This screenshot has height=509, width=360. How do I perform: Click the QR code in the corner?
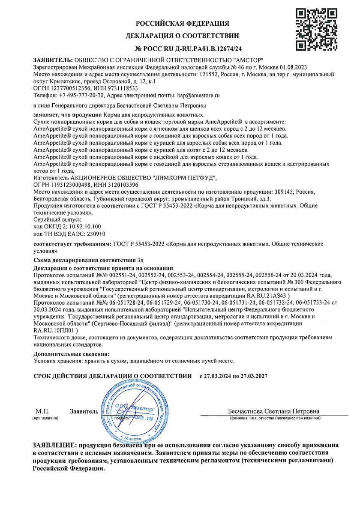317,29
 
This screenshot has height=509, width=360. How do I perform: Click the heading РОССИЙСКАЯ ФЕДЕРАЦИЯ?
183,23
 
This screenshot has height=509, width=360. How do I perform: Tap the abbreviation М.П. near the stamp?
43,412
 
